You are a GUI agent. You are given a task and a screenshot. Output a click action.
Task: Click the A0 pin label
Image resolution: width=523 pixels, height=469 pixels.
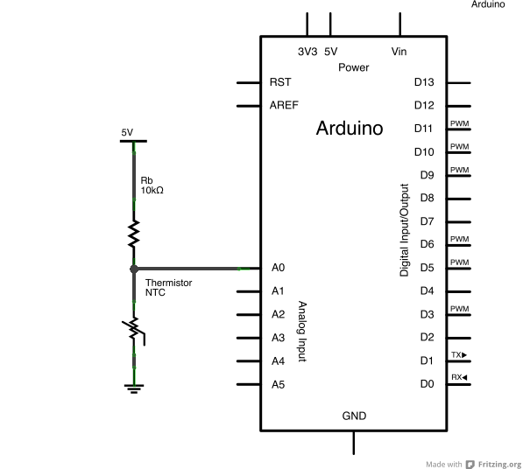coord(278,268)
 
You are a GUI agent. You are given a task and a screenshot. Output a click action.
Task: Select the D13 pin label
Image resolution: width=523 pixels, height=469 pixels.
coord(424,83)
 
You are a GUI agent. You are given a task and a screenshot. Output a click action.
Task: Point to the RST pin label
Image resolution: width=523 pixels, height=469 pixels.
coord(280,83)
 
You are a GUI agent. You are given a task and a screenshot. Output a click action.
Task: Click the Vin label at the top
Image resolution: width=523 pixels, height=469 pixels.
coord(399,52)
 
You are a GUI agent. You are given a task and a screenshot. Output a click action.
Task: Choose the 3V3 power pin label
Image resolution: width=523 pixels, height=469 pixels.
coord(307,52)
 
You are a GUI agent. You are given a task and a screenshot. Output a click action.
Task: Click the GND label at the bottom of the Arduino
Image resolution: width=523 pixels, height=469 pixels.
coord(354,416)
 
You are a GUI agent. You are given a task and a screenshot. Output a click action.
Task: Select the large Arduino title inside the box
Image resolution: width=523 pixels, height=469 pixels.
coord(349,129)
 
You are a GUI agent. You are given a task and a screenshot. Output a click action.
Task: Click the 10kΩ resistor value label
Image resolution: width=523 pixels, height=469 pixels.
coord(152,190)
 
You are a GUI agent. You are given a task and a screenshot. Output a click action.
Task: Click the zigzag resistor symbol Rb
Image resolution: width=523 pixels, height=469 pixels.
coord(134,234)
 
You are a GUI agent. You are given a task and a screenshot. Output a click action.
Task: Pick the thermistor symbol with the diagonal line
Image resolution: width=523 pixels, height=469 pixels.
coord(134,329)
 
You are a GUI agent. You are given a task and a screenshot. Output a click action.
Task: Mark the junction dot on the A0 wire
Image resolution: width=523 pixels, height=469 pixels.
coord(134,269)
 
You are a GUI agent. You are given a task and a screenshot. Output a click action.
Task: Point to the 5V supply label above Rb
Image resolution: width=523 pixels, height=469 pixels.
coord(127,132)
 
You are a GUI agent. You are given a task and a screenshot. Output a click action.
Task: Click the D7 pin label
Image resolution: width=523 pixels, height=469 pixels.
coord(427,221)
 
